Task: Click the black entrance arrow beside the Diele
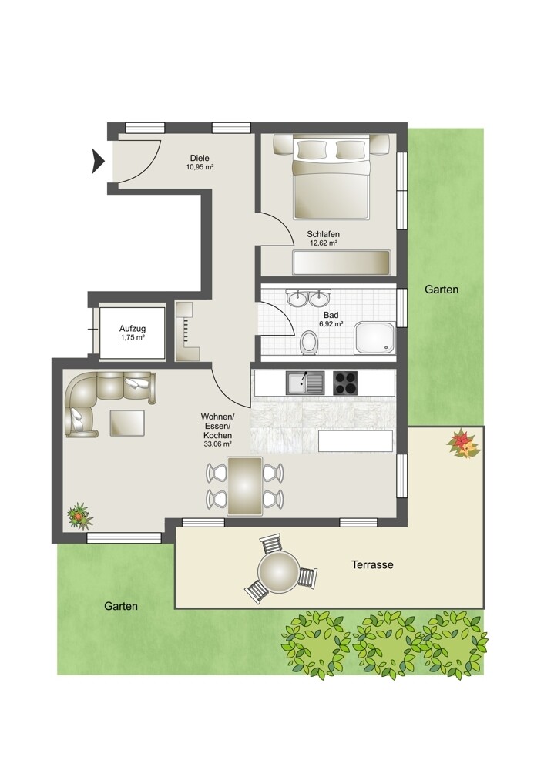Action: pyautogui.click(x=98, y=161)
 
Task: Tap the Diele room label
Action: pyautogui.click(x=200, y=158)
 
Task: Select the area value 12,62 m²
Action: pyautogui.click(x=323, y=243)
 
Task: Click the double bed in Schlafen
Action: pyautogui.click(x=331, y=177)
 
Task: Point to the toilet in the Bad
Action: pyautogui.click(x=309, y=343)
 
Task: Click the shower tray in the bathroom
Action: pyautogui.click(x=375, y=338)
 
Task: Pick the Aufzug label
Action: pyautogui.click(x=133, y=329)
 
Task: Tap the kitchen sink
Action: pyautogui.click(x=304, y=383)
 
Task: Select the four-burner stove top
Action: pyautogui.click(x=345, y=383)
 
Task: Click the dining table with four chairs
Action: pyautogui.click(x=245, y=486)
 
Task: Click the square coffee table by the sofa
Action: pyautogui.click(x=127, y=422)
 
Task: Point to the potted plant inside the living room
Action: pyautogui.click(x=79, y=515)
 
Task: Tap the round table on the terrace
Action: pyautogui.click(x=278, y=571)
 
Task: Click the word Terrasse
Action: pyautogui.click(x=372, y=564)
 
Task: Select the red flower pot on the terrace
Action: pyautogui.click(x=463, y=444)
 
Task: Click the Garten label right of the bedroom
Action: pyautogui.click(x=442, y=290)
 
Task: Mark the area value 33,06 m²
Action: pyautogui.click(x=217, y=444)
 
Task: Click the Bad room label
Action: pyautogui.click(x=331, y=315)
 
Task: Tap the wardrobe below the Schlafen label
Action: pyautogui.click(x=341, y=263)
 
